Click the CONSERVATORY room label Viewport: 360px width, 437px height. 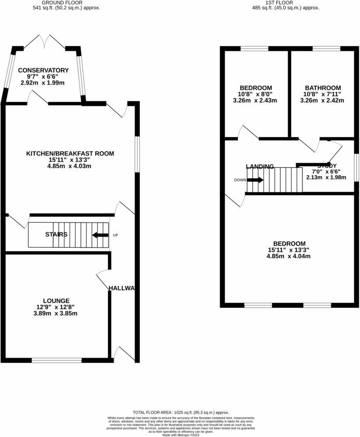[x=43, y=70]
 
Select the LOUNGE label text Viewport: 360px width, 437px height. [x=56, y=301]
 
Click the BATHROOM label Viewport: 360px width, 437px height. [x=323, y=87]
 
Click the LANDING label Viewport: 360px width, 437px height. [x=260, y=166]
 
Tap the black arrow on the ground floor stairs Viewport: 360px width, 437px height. [x=100, y=235]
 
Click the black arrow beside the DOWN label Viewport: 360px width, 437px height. [x=256, y=180]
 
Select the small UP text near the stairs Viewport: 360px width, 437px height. [x=116, y=235]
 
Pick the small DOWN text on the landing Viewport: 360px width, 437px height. [x=240, y=180]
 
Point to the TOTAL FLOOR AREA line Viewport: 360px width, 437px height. [x=180, y=412]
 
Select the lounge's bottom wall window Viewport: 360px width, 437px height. [x=56, y=360]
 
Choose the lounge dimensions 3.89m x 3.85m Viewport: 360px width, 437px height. [x=56, y=313]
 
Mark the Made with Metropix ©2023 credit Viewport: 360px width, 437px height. [x=180, y=435]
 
